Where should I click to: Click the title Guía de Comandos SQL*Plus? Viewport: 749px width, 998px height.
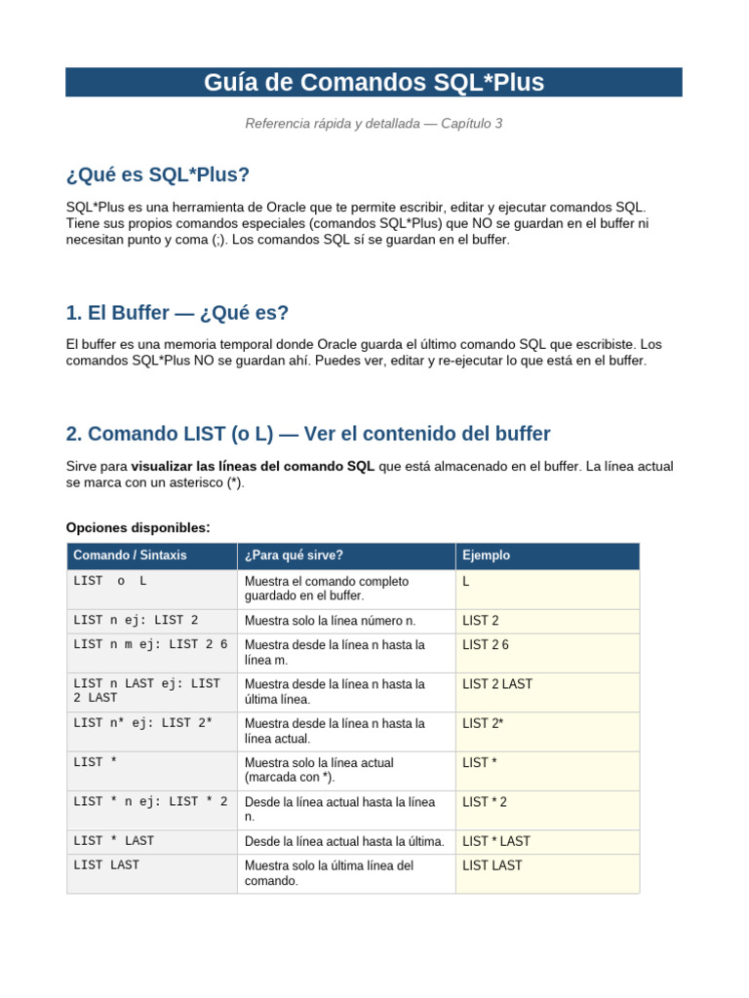click(x=374, y=83)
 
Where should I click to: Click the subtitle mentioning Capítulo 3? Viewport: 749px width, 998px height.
click(x=374, y=124)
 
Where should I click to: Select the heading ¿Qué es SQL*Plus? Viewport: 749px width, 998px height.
click(x=158, y=174)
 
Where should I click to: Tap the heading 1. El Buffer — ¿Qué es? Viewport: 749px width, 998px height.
click(x=177, y=313)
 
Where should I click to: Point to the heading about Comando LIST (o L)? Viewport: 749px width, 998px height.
click(x=308, y=434)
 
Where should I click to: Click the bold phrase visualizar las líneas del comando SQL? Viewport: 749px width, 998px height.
click(x=253, y=467)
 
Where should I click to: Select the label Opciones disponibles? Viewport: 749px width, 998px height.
click(x=138, y=527)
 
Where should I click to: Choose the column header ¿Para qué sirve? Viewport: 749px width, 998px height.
click(x=294, y=556)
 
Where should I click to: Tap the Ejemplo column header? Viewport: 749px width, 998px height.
click(x=486, y=556)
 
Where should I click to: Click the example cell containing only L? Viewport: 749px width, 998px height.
click(x=467, y=581)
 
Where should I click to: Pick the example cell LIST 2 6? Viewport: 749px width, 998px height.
click(x=486, y=645)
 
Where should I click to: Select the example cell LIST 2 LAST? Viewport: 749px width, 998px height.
click(x=497, y=684)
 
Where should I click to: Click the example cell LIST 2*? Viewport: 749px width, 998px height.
click(x=483, y=723)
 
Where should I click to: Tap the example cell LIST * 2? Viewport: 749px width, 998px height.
click(x=485, y=802)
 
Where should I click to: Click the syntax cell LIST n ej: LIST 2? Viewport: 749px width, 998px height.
click(x=136, y=620)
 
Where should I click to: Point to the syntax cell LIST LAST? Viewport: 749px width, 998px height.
click(x=106, y=865)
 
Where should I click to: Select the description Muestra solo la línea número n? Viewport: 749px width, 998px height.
click(x=330, y=621)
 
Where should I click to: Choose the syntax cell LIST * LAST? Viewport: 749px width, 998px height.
click(x=113, y=841)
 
